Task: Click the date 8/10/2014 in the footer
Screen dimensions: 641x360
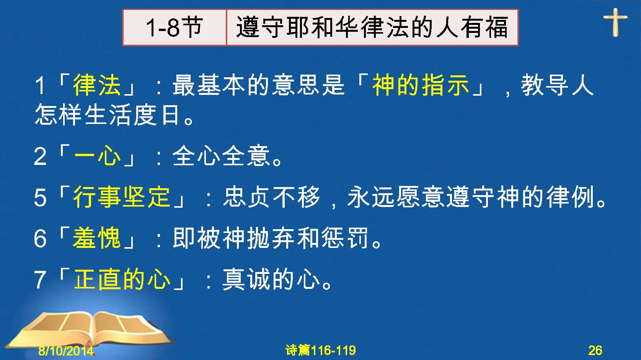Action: [66, 350]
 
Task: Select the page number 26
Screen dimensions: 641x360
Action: [595, 350]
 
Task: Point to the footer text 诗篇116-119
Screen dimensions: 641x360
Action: [321, 350]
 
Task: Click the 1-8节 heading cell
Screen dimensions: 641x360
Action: [175, 28]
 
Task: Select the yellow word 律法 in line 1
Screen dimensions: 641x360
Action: [97, 85]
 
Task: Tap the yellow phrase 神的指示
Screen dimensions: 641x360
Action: [420, 85]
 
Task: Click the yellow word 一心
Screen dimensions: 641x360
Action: [97, 156]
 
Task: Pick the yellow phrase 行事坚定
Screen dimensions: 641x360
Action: [122, 197]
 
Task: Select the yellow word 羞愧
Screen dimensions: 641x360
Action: [97, 238]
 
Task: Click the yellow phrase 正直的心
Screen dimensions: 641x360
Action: [122, 279]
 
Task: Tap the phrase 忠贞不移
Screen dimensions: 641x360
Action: [271, 197]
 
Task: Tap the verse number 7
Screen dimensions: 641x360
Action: [40, 279]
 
